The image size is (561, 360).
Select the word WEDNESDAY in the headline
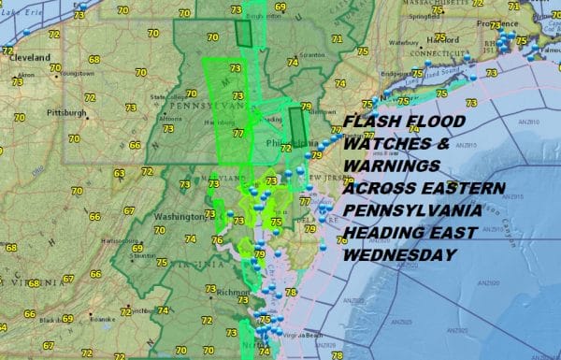pos(397,253)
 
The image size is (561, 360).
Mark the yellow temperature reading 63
pos(119,173)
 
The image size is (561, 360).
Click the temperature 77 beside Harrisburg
pos(237,134)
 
